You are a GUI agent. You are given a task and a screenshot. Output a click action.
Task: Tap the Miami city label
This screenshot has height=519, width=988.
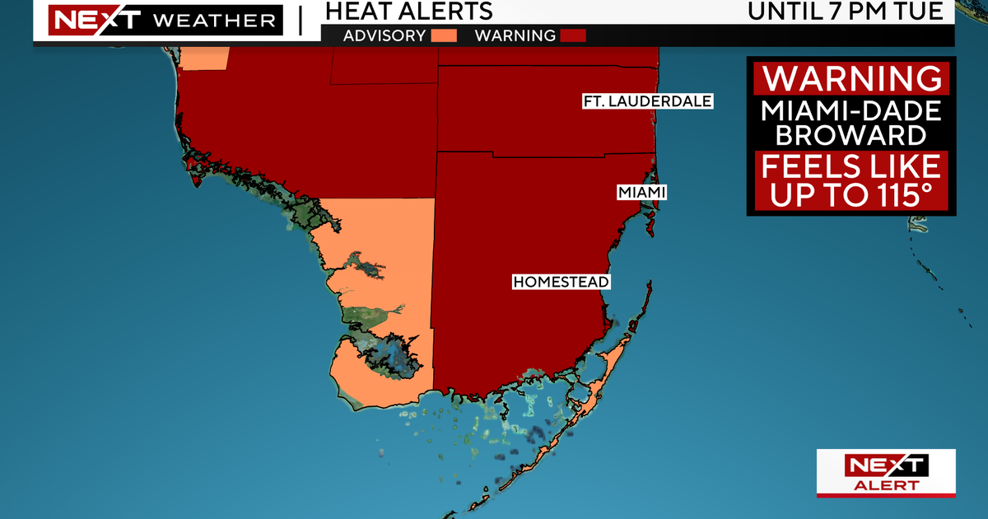click(x=640, y=192)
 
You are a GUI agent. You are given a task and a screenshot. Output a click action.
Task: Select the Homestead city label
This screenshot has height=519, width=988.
click(x=561, y=282)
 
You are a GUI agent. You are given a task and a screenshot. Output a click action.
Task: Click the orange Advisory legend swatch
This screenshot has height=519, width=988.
click(x=444, y=35)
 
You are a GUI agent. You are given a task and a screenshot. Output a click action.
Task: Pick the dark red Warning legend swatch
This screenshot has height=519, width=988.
click(x=573, y=35)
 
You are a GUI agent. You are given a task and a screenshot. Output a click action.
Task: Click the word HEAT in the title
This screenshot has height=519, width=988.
click(x=355, y=12)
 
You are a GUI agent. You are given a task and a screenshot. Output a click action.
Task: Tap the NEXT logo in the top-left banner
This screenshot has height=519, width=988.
click(x=83, y=19)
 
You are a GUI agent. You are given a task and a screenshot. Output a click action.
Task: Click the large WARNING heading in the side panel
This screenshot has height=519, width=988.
click(x=851, y=78)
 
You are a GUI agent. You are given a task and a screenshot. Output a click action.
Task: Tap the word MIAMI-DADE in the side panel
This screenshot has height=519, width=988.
click(x=851, y=110)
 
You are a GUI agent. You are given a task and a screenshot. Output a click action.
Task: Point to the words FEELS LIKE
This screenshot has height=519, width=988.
click(x=851, y=167)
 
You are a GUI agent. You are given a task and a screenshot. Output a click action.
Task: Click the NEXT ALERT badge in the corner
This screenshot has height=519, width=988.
click(x=886, y=474)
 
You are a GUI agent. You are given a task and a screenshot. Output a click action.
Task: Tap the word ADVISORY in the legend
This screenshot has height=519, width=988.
click(x=384, y=35)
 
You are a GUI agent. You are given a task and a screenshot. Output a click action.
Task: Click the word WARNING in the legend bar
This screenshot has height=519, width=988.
click(x=515, y=35)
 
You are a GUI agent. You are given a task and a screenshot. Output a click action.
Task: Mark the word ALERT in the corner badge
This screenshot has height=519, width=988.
click(x=886, y=485)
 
